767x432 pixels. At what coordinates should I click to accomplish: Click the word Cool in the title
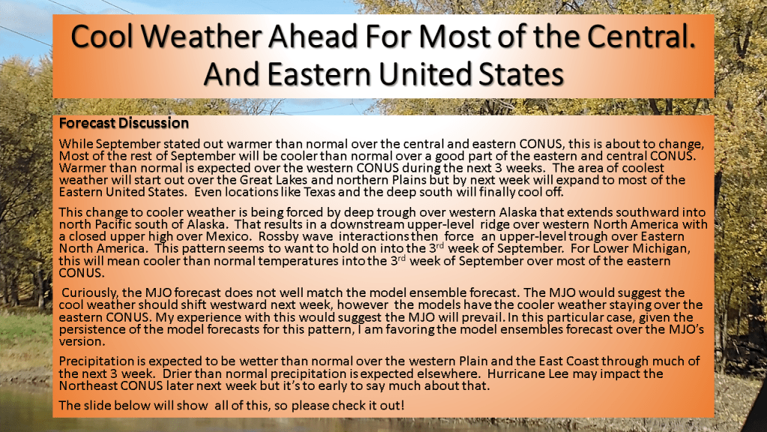click(x=102, y=36)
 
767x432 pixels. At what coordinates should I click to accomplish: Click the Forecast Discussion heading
click(x=124, y=123)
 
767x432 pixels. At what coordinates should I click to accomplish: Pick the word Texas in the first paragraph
click(x=320, y=192)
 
